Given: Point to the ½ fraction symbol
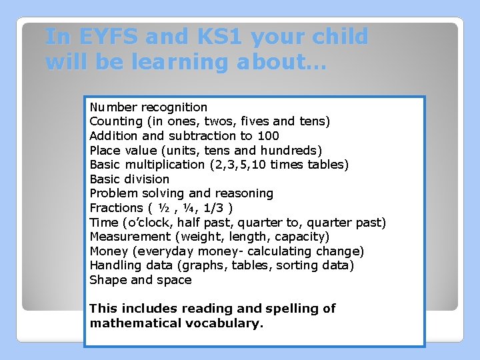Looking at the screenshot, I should [164, 208].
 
